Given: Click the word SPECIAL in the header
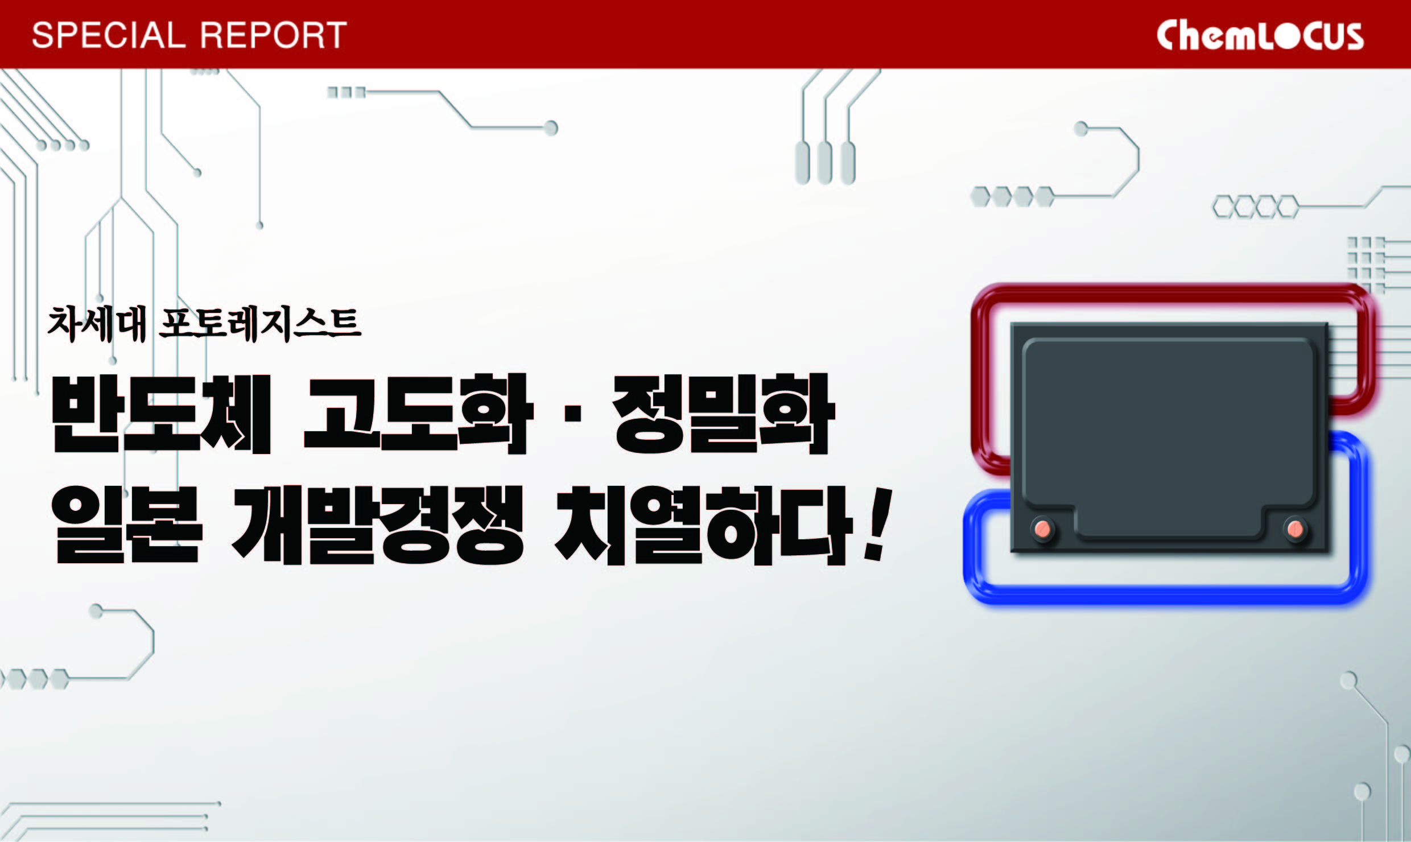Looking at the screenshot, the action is pos(109,35).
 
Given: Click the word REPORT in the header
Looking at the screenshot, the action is pos(274,35).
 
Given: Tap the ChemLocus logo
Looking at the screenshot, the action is pos(1260,35).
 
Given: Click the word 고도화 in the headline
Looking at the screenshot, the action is pos(418,414).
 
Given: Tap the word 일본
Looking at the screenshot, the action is pos(126,525).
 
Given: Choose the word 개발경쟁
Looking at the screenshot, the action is pos(377,525).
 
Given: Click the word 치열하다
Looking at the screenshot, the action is pos(703,525).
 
